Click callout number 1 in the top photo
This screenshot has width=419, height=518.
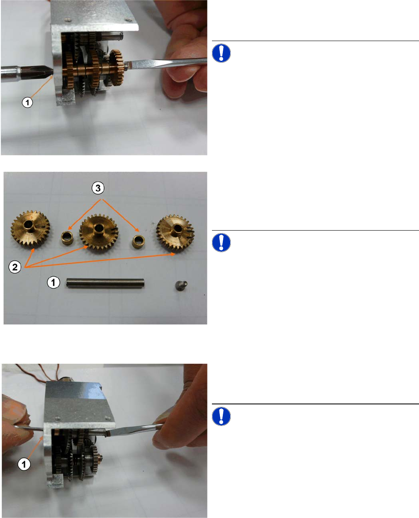pos(27,102)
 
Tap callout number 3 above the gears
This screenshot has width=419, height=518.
pos(98,188)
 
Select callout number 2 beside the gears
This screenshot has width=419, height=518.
pos(15,267)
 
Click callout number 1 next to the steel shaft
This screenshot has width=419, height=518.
pos(54,282)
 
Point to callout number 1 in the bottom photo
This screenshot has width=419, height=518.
pos(24,464)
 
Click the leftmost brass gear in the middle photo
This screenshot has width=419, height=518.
pos(30,229)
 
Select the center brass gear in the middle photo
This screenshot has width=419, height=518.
pos(99,231)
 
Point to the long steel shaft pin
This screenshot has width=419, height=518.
pos(105,283)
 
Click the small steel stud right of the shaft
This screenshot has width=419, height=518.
pos(181,285)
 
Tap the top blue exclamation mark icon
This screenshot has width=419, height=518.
pos(221,53)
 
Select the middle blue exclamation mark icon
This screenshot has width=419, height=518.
pos(221,243)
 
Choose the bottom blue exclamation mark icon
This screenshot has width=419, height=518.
pos(221,416)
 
